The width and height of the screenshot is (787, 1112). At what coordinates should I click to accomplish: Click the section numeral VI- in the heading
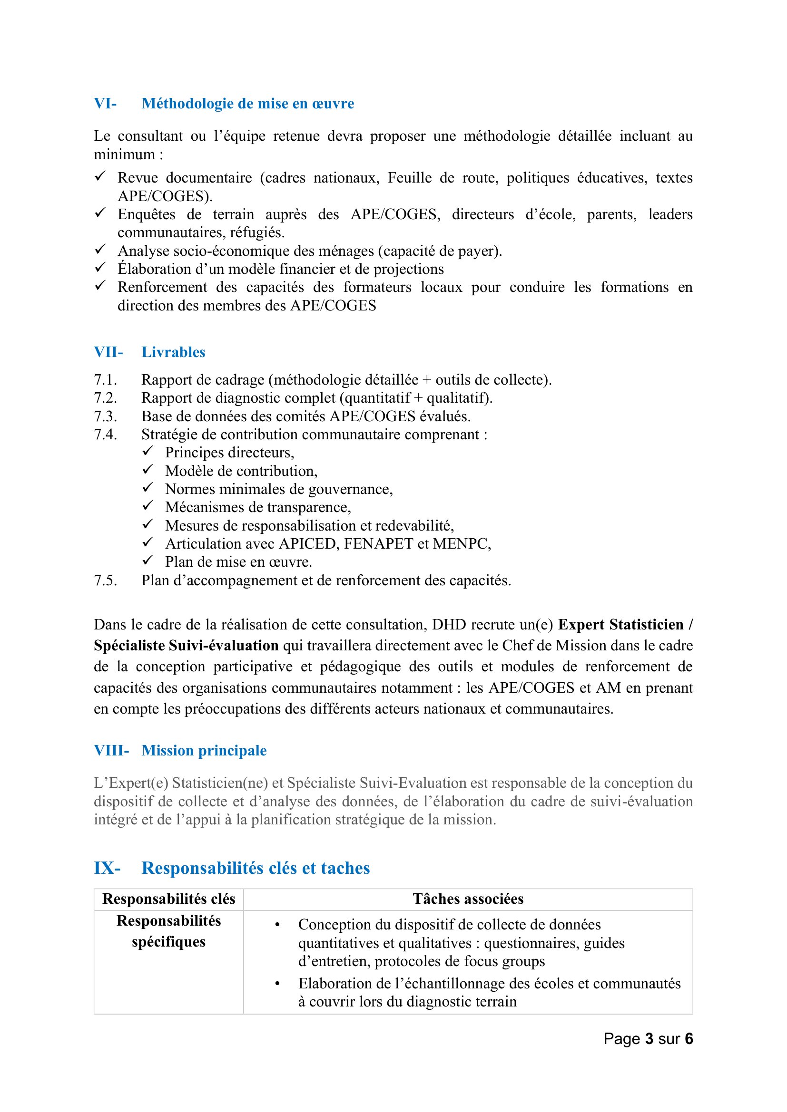(x=105, y=104)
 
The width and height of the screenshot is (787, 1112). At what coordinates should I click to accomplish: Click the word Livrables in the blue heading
(x=173, y=352)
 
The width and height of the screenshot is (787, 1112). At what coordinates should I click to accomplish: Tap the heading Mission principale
(x=204, y=750)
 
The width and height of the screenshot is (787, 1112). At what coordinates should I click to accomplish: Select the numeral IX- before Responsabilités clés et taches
(x=107, y=868)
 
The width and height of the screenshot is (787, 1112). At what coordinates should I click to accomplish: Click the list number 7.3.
(x=105, y=416)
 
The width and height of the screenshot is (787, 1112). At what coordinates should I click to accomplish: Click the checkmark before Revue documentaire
(x=100, y=176)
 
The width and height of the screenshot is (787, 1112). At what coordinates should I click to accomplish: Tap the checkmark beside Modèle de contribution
(x=148, y=469)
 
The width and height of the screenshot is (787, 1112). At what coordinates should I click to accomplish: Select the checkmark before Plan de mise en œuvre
(x=148, y=561)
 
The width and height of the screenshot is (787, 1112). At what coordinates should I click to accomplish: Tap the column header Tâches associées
(x=468, y=899)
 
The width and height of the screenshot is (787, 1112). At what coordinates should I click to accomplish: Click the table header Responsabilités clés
(x=168, y=899)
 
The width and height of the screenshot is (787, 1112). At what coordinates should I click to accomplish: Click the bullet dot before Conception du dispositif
(x=277, y=925)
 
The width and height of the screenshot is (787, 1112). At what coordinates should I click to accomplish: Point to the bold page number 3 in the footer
(x=649, y=1038)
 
